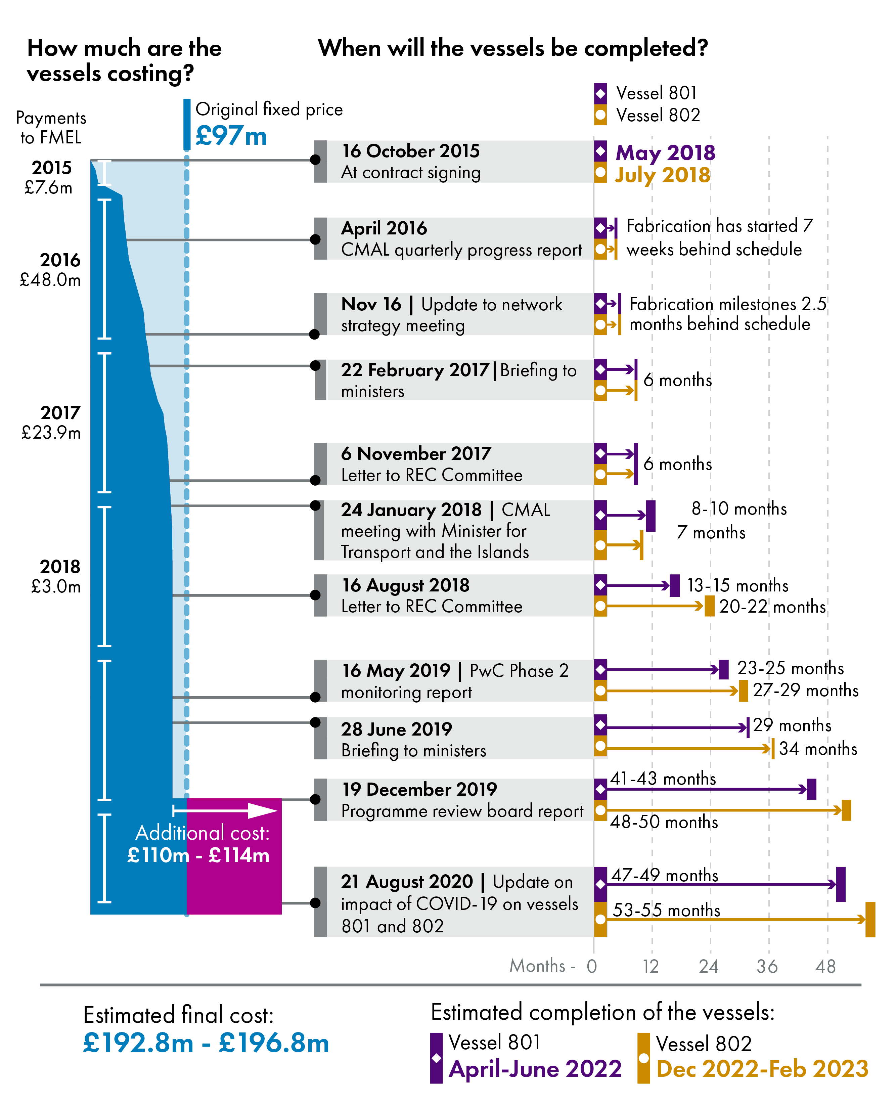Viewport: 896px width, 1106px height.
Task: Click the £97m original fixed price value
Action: click(231, 136)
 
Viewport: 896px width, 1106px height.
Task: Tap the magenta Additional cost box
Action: click(234, 857)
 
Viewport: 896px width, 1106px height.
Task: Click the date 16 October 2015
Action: click(410, 151)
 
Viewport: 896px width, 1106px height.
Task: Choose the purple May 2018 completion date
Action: click(665, 153)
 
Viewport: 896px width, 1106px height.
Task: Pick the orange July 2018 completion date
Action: click(662, 175)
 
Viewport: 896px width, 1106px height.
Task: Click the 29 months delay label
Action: click(792, 725)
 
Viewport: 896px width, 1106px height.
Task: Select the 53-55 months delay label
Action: click(666, 910)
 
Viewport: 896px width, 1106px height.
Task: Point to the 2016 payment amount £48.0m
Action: click(50, 280)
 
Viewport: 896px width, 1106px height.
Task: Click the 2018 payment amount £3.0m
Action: click(56, 587)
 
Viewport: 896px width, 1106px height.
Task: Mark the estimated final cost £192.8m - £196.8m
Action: click(206, 1043)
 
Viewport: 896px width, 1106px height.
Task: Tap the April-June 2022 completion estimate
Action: click(535, 1069)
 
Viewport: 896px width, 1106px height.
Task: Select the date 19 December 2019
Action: click(419, 789)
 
